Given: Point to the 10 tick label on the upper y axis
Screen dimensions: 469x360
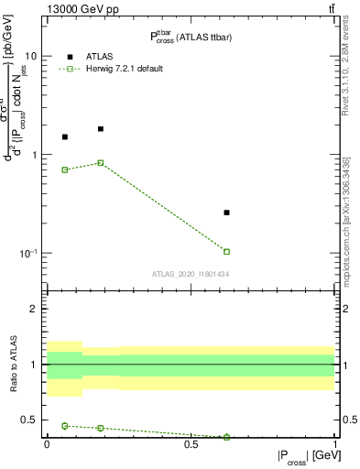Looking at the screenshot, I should [30, 56].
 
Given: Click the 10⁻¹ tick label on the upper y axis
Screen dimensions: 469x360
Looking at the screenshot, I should [27, 253].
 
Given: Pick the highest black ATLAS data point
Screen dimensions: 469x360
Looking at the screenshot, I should [101, 129].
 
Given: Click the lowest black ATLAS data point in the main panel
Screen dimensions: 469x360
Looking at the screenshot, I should [226, 213].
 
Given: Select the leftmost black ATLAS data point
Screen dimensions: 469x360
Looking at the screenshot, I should [64, 137].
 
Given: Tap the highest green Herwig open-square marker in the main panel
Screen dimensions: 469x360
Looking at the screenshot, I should [101, 163].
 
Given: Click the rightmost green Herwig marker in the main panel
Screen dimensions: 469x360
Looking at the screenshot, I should [226, 251].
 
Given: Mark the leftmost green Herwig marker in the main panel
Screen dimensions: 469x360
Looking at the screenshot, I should [64, 169].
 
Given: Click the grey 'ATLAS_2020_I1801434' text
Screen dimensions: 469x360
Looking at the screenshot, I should [191, 274].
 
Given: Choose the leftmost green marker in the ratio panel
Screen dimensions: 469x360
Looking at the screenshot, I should [64, 426].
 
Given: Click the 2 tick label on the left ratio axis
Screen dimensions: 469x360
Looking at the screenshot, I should [35, 310].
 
